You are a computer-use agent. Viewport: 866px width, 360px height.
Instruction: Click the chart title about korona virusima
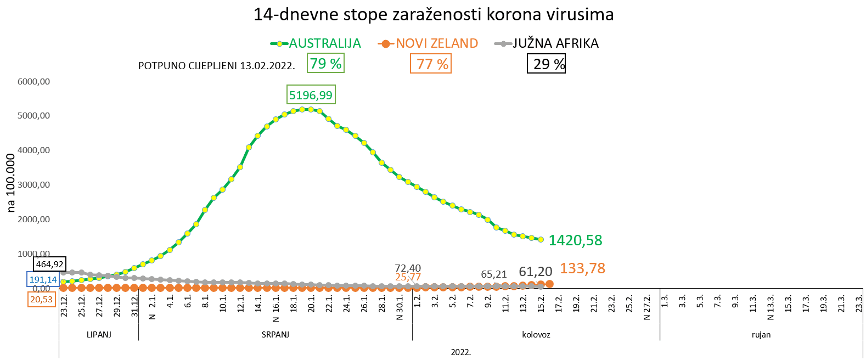433,14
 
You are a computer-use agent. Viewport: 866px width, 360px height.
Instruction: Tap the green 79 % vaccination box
325,64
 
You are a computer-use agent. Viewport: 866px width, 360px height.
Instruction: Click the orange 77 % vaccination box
431,64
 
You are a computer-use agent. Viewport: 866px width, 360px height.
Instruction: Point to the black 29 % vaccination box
546,64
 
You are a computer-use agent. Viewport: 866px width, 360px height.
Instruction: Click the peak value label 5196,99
311,95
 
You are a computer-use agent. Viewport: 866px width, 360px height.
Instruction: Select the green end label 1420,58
575,240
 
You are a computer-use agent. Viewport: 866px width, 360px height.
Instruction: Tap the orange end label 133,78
582,268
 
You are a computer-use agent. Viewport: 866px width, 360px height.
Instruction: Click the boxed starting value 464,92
49,264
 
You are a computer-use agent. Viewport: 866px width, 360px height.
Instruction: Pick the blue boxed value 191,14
43,279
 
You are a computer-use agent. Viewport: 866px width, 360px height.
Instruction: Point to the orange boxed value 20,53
41,299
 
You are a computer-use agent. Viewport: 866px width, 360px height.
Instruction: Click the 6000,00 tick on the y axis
33,82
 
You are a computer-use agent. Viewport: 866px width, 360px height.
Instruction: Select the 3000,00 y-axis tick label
33,185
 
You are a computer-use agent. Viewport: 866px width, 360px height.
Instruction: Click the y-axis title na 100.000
11,183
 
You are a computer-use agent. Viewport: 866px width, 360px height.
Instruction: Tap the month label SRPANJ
275,334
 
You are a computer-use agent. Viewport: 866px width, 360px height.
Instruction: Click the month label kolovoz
536,334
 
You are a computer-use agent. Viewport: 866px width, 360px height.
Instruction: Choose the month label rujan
761,334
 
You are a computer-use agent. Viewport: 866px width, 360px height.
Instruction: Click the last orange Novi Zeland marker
549,284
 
